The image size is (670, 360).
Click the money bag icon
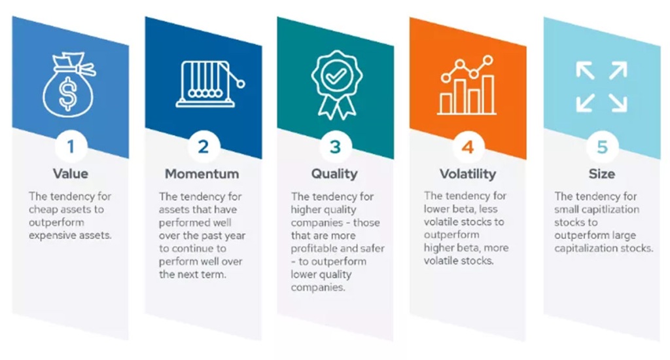tap(68, 85)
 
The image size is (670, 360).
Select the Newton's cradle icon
tap(210, 84)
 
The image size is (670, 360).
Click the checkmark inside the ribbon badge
tap(336, 76)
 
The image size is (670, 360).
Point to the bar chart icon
tap(467, 86)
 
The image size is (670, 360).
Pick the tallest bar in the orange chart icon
tap(488, 94)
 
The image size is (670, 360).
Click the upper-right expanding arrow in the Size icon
tap(618, 71)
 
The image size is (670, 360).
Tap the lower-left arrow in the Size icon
tap(585, 103)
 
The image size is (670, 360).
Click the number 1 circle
tap(71, 147)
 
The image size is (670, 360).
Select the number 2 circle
tap(203, 147)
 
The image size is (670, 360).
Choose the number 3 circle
tap(336, 147)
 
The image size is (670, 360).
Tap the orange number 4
tap(468, 147)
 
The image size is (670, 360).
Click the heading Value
tap(71, 173)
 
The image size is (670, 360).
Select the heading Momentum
tap(202, 173)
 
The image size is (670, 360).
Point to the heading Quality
tap(334, 174)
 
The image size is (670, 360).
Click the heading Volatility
tap(468, 174)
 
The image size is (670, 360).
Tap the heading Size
tap(602, 173)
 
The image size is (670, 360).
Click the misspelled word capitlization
tap(613, 209)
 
